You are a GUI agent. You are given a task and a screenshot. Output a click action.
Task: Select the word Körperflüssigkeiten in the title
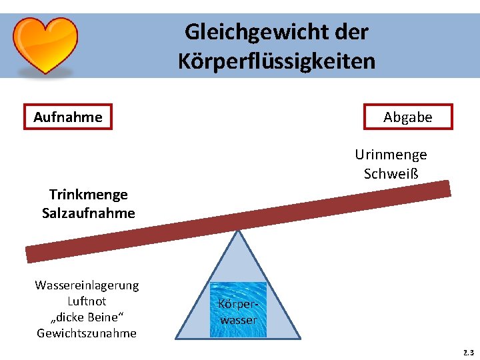[277, 61]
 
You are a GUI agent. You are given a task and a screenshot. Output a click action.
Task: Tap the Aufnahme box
[68, 117]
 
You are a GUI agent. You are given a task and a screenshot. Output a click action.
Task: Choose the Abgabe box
[408, 117]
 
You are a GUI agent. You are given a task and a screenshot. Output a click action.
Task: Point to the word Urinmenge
[391, 155]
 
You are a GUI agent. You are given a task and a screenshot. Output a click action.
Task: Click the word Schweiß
[391, 174]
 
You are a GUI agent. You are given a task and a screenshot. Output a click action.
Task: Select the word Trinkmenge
[88, 195]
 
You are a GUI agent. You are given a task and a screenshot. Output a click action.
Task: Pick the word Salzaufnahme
[88, 213]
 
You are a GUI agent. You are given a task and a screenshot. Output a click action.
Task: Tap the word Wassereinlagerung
[87, 285]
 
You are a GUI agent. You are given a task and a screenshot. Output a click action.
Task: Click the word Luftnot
[87, 301]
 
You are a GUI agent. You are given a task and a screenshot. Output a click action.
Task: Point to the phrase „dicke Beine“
[87, 317]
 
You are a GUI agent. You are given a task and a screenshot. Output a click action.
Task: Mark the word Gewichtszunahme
[87, 333]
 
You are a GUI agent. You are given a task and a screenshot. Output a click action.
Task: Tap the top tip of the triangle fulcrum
[238, 231]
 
